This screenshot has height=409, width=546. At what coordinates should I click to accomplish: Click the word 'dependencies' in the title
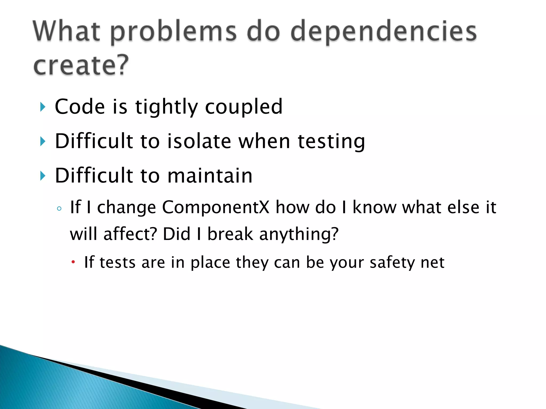[383, 32]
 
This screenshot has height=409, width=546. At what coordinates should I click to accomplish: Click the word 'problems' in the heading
[173, 32]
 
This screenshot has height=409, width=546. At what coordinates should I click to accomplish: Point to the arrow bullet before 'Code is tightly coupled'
[43, 107]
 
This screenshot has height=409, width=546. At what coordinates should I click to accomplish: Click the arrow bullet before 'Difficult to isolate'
[43, 141]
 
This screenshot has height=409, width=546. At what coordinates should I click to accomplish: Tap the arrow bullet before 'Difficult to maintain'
[43, 176]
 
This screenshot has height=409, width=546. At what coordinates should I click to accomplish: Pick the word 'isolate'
[199, 141]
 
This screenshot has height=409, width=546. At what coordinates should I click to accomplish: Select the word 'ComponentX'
[216, 207]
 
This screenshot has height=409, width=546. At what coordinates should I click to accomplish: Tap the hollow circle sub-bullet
[59, 208]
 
